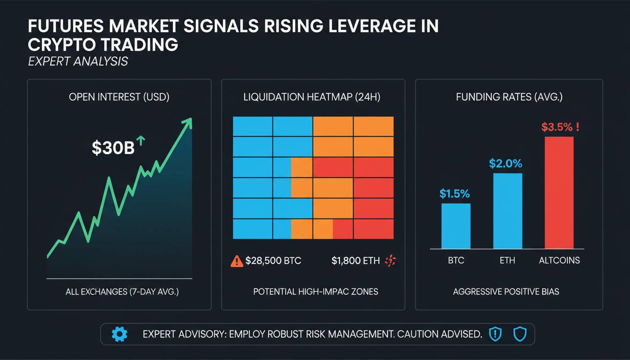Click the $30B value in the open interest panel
coord(113,148)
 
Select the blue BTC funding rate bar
coord(456,225)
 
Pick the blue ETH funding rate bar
coord(507,210)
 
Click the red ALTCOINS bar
coord(559,192)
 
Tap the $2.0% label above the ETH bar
coord(505,164)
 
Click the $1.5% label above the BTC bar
coord(455,194)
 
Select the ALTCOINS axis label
coord(559,260)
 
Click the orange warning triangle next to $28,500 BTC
coord(237,261)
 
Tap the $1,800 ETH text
coord(355,261)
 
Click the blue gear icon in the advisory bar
coord(120,334)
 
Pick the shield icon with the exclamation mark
coord(495,334)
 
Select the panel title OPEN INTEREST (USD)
coord(119,97)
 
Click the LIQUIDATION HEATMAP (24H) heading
coord(312,97)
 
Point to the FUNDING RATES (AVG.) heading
coord(509,97)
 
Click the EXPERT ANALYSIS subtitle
coord(78,61)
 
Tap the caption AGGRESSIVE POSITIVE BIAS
coord(506,292)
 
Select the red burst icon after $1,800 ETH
coord(390,261)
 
